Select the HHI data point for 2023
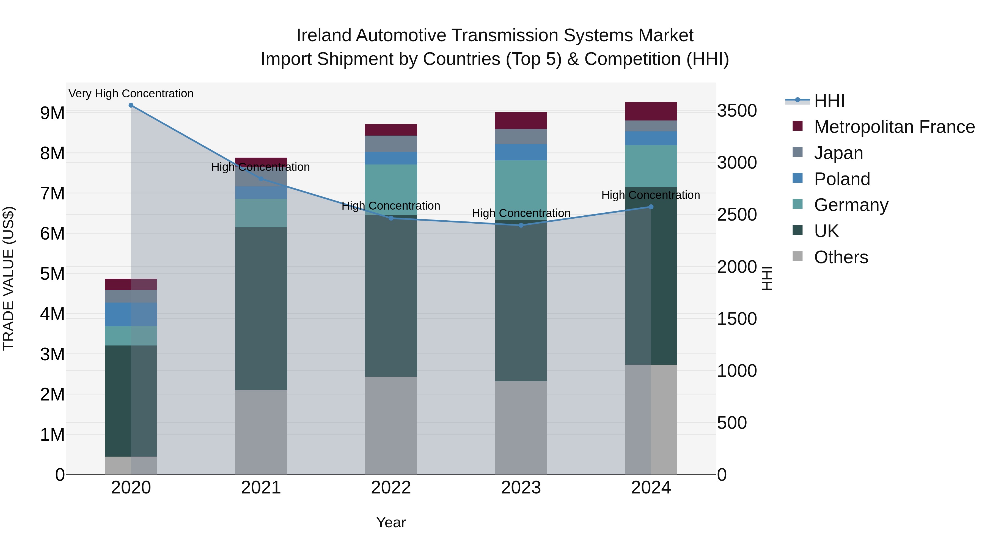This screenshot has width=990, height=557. [521, 225]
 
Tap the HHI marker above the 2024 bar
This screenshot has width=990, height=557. [651, 207]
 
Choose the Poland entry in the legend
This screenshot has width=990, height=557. [842, 179]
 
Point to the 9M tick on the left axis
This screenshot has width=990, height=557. [52, 113]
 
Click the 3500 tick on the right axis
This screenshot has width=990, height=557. [737, 111]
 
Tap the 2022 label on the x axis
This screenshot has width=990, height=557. [391, 488]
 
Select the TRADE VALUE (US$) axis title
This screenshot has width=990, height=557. [9, 278]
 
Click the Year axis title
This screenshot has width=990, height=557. [391, 522]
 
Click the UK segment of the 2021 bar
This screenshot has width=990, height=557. [261, 308]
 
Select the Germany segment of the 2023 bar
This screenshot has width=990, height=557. [521, 190]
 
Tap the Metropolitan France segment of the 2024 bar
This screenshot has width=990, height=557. [651, 111]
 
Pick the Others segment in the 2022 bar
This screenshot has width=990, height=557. [391, 425]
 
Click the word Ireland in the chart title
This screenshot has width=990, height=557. [324, 35]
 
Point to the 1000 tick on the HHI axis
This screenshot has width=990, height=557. [737, 371]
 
